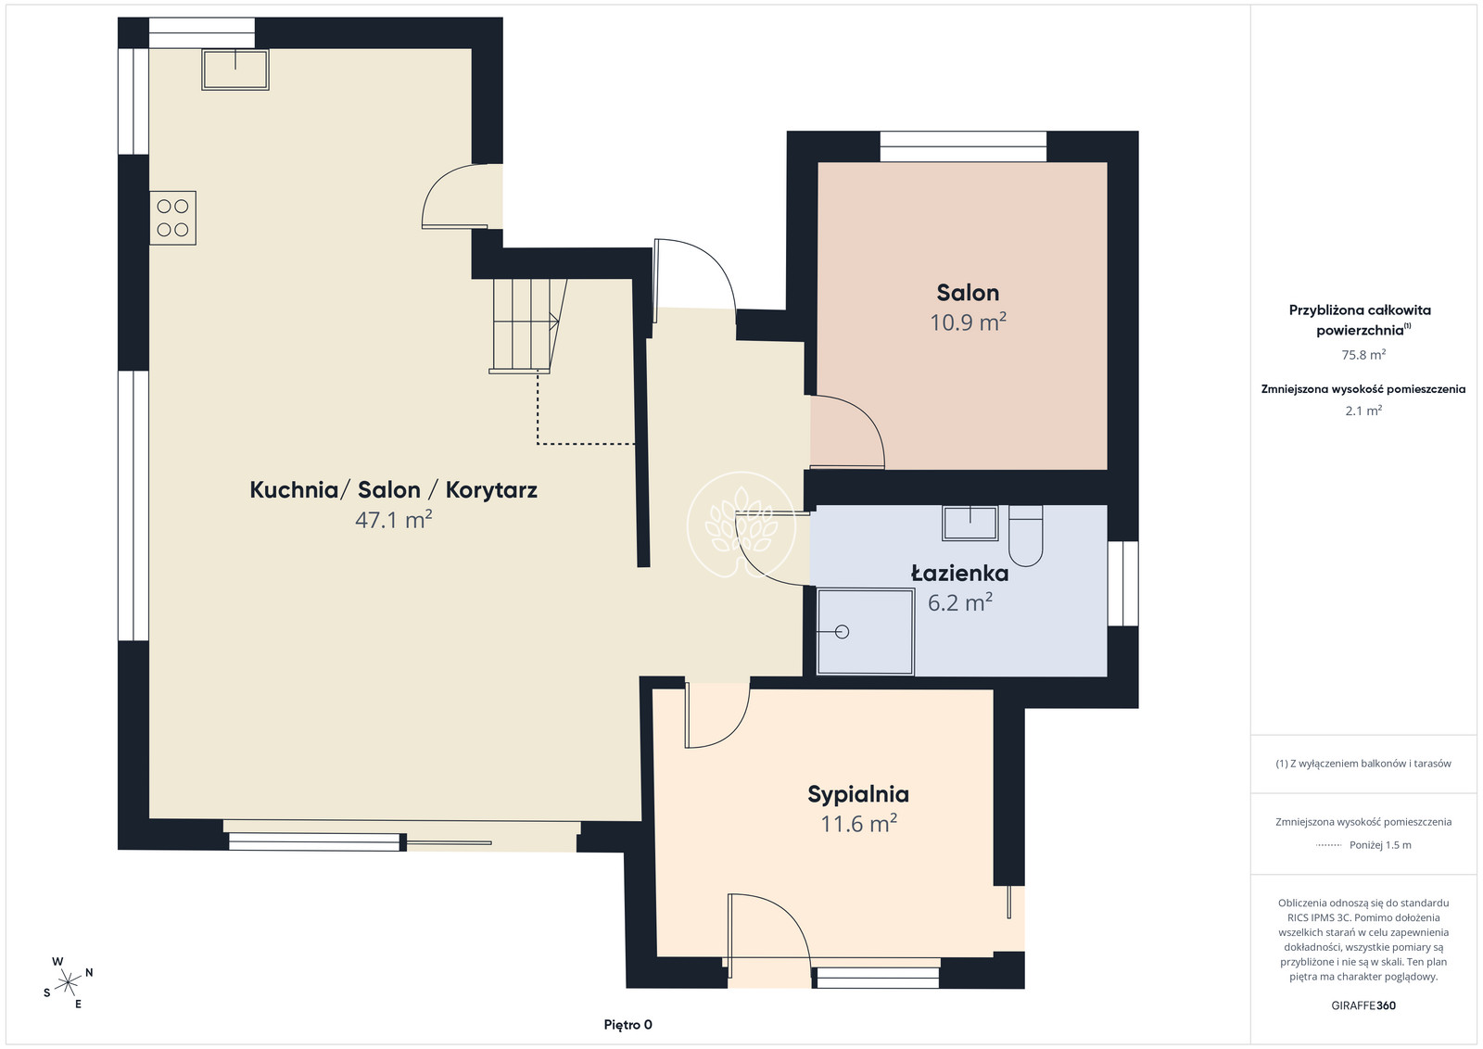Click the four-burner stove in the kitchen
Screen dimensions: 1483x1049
[x=172, y=218]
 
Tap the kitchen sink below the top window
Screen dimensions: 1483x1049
[x=235, y=69]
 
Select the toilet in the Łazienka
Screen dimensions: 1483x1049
[x=1025, y=536]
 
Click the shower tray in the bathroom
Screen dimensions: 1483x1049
[x=866, y=631]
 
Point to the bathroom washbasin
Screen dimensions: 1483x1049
[x=970, y=523]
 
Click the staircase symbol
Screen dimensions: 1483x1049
[x=528, y=325]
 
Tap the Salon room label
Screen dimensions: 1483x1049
[x=968, y=293]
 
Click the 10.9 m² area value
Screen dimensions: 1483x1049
[x=968, y=322]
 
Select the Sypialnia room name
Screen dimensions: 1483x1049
[x=858, y=794]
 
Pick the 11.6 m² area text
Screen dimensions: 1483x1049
[x=858, y=824]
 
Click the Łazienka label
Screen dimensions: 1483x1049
[x=959, y=573]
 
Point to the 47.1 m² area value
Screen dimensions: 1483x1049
[x=393, y=520]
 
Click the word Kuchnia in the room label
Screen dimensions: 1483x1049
[x=294, y=490]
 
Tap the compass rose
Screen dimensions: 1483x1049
[x=68, y=983]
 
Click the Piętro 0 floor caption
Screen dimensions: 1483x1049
[x=627, y=1025]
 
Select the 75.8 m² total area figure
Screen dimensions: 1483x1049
[x=1363, y=355]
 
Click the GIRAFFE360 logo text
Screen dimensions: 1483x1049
[x=1363, y=1005]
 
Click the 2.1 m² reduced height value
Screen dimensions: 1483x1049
[x=1363, y=411]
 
